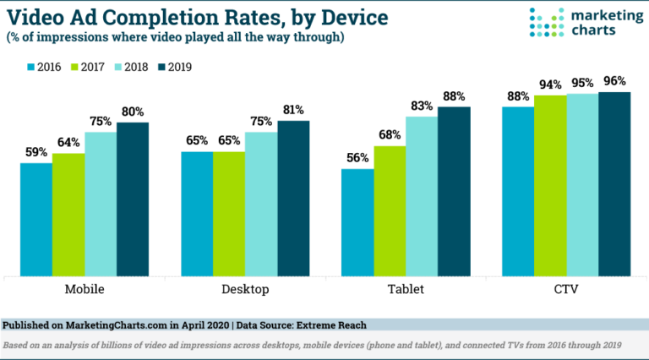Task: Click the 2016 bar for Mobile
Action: (x=36, y=219)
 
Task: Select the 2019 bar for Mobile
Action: (x=133, y=199)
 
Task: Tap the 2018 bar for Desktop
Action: (x=262, y=204)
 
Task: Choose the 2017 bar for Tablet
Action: (x=390, y=210)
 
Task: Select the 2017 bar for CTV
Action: (x=550, y=185)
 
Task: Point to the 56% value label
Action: (x=357, y=158)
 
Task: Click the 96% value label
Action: (x=614, y=82)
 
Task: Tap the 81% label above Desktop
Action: (x=294, y=110)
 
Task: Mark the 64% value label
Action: (x=68, y=143)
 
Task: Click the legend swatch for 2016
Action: (x=32, y=66)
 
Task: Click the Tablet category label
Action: (x=406, y=290)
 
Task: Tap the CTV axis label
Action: (x=566, y=290)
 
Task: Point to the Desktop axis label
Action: (x=246, y=290)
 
